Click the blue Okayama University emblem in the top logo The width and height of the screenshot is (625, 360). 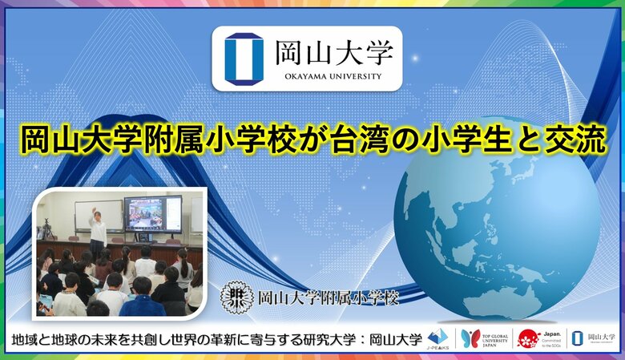pos(244,58)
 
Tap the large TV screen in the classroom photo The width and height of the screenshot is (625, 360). pos(151,214)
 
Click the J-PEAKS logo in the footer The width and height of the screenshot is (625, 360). pos(437,338)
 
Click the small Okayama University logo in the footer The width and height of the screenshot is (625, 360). pos(594,338)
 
